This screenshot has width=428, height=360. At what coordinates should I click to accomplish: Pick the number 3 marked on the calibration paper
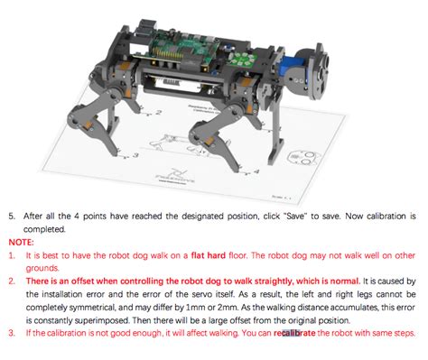point(136,154)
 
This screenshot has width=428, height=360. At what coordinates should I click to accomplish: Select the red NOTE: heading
point(22,243)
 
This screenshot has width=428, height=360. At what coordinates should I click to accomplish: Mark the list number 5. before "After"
point(13,217)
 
